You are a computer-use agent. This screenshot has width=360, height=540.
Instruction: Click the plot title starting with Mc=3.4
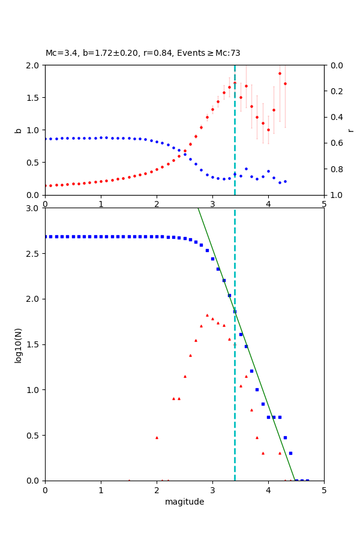[x=143, y=53]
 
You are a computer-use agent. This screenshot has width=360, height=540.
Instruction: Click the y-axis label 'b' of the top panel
[x=18, y=130]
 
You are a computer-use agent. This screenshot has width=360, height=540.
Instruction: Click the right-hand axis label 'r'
[x=351, y=130]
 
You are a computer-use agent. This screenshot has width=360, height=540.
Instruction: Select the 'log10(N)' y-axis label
[x=18, y=344]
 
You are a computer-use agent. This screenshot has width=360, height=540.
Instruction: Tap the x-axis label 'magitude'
[x=184, y=502]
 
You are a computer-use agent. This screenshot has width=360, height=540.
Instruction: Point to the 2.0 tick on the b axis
[x=35, y=65]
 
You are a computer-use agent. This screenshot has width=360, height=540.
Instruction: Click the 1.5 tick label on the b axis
[x=35, y=98]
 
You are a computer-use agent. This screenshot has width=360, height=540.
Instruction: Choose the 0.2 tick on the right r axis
[x=334, y=91]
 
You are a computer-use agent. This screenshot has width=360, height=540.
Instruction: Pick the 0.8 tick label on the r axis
[x=334, y=169]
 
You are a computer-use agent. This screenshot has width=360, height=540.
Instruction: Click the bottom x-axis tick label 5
[x=324, y=490]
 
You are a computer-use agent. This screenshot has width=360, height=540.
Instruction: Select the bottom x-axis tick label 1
[x=101, y=490]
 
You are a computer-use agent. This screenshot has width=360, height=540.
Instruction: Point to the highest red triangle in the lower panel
[x=207, y=315]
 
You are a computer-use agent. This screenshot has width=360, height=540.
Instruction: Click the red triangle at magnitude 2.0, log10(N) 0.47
[x=157, y=437]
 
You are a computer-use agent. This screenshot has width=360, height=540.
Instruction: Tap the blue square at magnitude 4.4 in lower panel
[x=290, y=453]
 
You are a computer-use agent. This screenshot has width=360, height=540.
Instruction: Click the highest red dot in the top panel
[x=280, y=73]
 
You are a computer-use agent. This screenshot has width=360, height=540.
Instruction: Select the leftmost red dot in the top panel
[x=45, y=185]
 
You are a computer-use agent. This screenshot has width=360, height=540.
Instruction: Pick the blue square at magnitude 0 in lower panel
[x=45, y=236]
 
